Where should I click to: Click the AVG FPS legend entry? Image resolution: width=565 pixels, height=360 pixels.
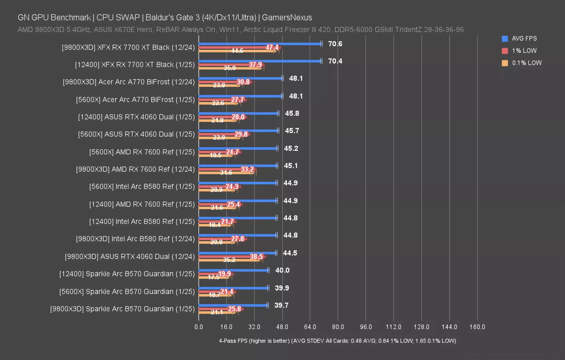524,38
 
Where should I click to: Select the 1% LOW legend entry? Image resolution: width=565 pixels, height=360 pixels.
524,51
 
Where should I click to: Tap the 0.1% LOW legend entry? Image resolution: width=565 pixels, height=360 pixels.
526,63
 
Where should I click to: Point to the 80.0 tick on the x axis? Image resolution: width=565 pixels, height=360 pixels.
338,327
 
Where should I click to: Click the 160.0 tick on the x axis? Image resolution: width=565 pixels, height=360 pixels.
477,327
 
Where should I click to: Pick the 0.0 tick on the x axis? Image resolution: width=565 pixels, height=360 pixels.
199,327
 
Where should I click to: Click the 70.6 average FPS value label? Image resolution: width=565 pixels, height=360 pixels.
335,44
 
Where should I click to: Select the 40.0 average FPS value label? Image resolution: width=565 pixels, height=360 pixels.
282,270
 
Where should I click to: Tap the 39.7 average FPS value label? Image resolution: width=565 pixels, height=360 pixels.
281,305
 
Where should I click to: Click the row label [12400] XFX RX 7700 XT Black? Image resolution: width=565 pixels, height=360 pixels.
135,65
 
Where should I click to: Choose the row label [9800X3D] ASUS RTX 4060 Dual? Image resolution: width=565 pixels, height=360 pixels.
130,256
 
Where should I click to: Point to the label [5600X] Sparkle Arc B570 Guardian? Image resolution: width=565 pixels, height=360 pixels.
127,292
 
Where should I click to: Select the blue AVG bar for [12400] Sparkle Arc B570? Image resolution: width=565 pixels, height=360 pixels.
234,270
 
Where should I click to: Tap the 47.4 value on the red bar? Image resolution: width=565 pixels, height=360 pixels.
272,48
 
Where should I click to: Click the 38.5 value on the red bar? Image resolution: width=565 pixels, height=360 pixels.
256,256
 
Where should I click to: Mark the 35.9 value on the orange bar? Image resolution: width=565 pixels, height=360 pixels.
230,68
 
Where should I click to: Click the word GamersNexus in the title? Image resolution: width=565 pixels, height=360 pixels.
287,18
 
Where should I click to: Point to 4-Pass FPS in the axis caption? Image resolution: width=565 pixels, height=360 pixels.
233,341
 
